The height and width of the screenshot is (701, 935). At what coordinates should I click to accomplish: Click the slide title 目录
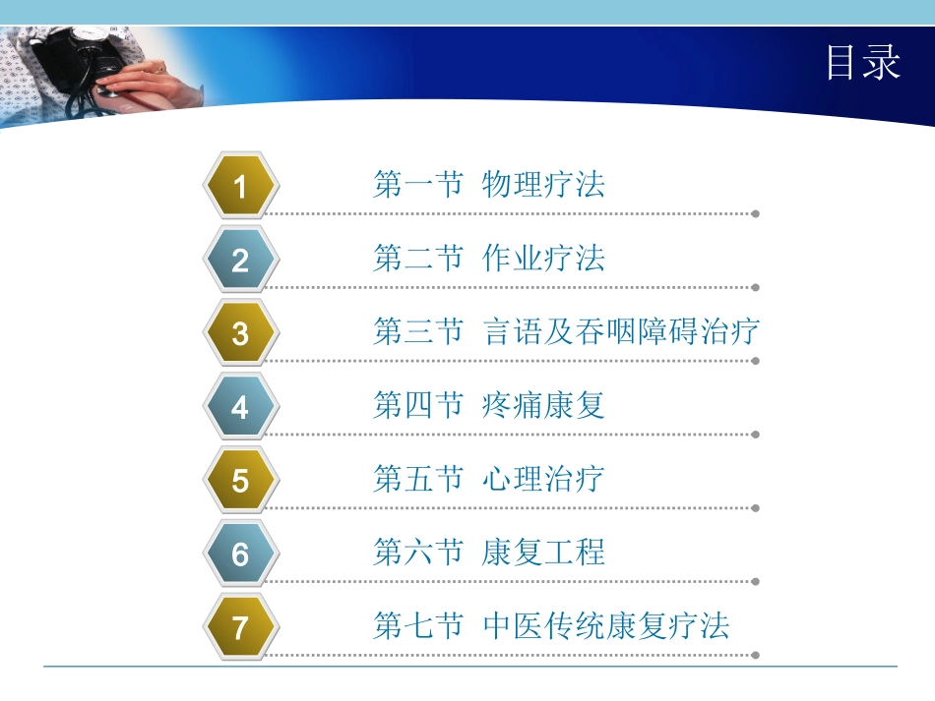click(x=862, y=64)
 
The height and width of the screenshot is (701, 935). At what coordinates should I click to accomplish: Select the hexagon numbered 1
click(x=240, y=186)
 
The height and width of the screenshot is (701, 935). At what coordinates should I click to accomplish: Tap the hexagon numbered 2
click(x=240, y=260)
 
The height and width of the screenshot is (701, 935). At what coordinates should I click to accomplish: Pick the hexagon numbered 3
click(x=240, y=333)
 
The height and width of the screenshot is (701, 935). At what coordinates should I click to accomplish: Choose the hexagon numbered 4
click(x=240, y=407)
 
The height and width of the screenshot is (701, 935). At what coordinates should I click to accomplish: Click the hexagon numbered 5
click(x=240, y=481)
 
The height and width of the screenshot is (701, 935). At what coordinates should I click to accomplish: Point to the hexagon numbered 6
click(x=240, y=555)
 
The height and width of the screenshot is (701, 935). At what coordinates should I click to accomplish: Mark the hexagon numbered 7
click(x=240, y=627)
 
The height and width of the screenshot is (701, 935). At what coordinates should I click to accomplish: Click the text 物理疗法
click(x=543, y=184)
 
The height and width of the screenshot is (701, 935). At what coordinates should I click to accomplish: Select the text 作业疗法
click(x=543, y=258)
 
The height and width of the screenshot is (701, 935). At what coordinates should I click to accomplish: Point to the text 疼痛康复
click(x=543, y=405)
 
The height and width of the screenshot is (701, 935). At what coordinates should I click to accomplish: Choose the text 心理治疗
click(x=543, y=479)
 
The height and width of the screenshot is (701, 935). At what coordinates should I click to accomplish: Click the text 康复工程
click(x=543, y=553)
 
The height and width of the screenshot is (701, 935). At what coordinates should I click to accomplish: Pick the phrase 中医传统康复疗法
click(x=606, y=625)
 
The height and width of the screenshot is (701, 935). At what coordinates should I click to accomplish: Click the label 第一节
click(x=417, y=184)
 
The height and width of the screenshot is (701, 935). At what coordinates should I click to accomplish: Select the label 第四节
click(x=417, y=405)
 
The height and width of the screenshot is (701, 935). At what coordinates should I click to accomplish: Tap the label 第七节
click(x=417, y=625)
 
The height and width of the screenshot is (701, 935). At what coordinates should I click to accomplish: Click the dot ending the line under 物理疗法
click(x=755, y=213)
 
